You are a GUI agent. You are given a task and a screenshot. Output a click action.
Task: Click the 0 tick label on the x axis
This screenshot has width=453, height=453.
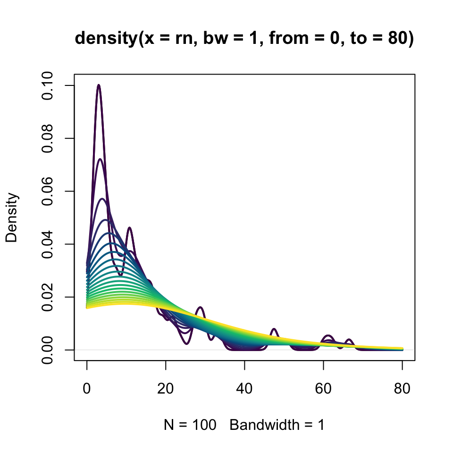tap(87, 389)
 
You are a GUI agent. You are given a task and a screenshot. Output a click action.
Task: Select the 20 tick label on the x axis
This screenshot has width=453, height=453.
tap(166, 389)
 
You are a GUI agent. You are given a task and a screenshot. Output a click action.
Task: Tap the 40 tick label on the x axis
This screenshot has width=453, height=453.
tap(244, 389)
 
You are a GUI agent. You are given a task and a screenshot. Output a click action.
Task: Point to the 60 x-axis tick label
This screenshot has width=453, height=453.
tap(323, 389)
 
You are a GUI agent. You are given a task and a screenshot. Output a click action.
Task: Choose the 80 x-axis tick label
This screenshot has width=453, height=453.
tap(402, 389)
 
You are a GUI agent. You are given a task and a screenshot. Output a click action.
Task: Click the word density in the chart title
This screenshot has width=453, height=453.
tap(104, 40)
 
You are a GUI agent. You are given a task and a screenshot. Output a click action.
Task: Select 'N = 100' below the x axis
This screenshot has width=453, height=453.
tap(190, 425)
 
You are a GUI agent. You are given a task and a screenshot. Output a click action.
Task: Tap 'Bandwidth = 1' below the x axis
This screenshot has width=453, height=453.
tap(277, 425)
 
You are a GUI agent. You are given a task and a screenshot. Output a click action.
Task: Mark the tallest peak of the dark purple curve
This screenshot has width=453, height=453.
tap(99, 85)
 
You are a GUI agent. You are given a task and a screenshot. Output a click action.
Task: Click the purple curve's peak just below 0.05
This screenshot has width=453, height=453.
tap(129, 228)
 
